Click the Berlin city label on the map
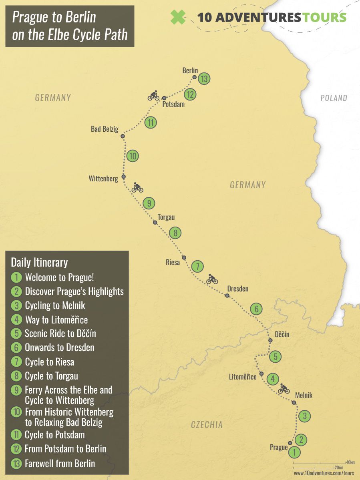pos(190,70)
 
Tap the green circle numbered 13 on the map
pos(204,79)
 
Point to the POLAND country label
pos(334,98)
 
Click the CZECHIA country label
pos(207,425)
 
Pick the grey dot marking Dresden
pos(227,295)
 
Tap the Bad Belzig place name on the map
pos(105,129)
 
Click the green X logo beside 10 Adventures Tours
pos(178,17)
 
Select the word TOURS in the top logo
pos(325,17)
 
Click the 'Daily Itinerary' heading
pos(39,263)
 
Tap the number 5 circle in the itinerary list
pos(16,333)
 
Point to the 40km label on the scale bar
pos(350,462)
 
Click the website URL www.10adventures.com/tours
pos(324,473)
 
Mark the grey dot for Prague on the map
pos(290,443)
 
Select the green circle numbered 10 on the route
pos(133,156)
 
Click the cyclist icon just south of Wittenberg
pos(137,187)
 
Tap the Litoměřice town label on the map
pos(243,377)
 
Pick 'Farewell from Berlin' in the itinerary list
pos(60,463)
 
